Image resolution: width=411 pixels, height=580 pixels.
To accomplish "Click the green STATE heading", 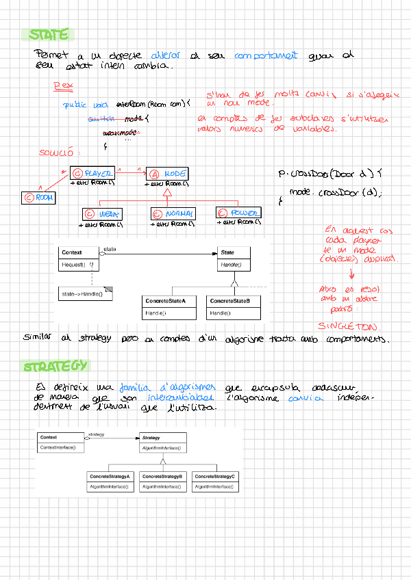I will pyautogui.click(x=49, y=35).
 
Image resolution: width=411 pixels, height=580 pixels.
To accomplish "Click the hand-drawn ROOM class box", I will pyautogui.click(x=39, y=198).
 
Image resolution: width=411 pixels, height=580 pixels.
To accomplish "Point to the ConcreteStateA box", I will pyautogui.click(x=169, y=307).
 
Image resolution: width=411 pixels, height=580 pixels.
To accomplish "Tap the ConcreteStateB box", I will pyautogui.click(x=234, y=307).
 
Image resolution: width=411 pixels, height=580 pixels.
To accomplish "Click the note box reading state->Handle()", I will pyautogui.click(x=86, y=293).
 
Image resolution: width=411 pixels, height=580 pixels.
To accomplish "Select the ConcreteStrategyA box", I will pyautogui.click(x=110, y=481).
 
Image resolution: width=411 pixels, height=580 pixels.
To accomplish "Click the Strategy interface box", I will pyautogui.click(x=161, y=442).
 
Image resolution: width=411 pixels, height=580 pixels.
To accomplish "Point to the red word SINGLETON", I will pyautogui.click(x=351, y=326).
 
